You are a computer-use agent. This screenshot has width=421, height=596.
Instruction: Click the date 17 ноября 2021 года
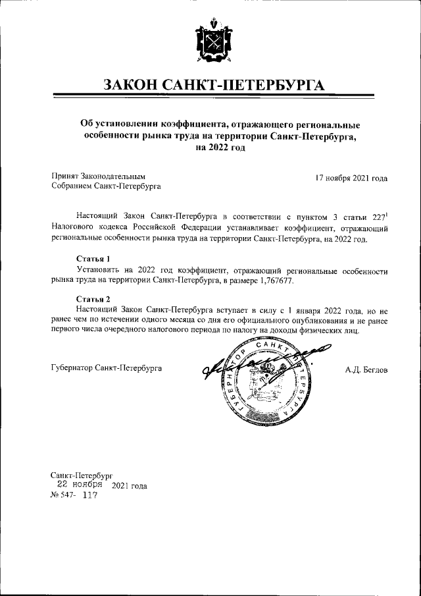(x=351, y=178)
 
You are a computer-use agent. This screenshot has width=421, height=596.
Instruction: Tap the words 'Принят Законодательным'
(x=98, y=177)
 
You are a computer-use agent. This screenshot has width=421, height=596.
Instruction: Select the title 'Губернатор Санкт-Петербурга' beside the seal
(x=107, y=369)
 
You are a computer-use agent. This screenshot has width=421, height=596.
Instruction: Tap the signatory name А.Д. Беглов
(x=366, y=370)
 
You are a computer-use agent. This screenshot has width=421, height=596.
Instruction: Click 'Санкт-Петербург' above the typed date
(x=82, y=474)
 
